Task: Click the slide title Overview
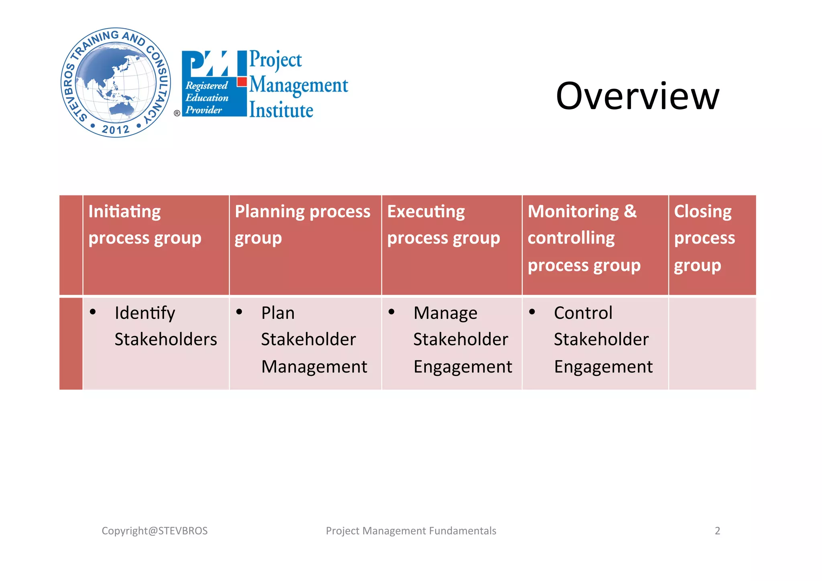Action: point(637,96)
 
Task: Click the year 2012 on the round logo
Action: point(116,130)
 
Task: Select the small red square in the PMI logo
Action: point(242,82)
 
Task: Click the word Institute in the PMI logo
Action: point(281,110)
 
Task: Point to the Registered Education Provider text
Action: point(206,98)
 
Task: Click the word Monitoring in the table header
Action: point(573,212)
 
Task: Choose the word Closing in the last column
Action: point(702,212)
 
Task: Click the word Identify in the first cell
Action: point(144,313)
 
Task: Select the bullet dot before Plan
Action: point(240,312)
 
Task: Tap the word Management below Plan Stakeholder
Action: point(314,367)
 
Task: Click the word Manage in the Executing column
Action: point(445,313)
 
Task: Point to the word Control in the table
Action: point(583,313)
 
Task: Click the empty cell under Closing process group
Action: point(712,343)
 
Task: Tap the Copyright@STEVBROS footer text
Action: point(155,531)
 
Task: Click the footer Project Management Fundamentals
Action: point(411,531)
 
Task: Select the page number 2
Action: point(717,531)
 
